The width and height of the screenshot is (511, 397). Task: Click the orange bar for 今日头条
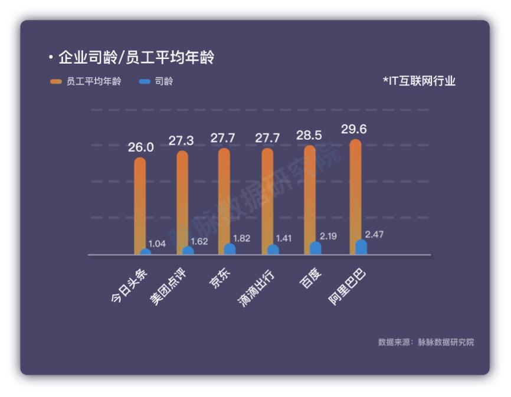click(x=140, y=206)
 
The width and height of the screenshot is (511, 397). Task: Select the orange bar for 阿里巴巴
click(x=355, y=196)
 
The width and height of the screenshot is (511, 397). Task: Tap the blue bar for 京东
click(x=230, y=249)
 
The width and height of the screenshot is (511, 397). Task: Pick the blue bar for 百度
click(x=315, y=248)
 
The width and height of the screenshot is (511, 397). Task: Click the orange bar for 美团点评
click(x=182, y=202)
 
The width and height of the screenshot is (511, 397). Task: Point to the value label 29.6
click(x=354, y=129)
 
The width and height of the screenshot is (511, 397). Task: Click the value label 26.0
click(x=141, y=147)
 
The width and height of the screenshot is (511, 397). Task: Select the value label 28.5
click(x=309, y=135)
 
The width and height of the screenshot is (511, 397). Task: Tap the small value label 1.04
click(x=157, y=244)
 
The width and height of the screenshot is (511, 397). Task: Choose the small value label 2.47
click(x=374, y=235)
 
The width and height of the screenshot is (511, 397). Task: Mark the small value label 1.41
click(x=283, y=238)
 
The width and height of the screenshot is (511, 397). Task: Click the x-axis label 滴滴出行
click(x=257, y=288)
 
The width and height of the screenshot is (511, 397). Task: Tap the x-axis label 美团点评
click(x=168, y=287)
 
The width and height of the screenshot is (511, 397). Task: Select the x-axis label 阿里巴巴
click(x=347, y=287)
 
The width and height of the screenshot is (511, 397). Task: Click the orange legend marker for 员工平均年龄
click(x=55, y=81)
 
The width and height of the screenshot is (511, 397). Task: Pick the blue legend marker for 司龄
click(x=145, y=81)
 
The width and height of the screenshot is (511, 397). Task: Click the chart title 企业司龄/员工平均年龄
click(x=136, y=57)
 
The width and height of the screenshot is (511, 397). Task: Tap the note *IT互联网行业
click(x=419, y=81)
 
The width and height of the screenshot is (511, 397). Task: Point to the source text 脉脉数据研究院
click(x=446, y=342)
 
